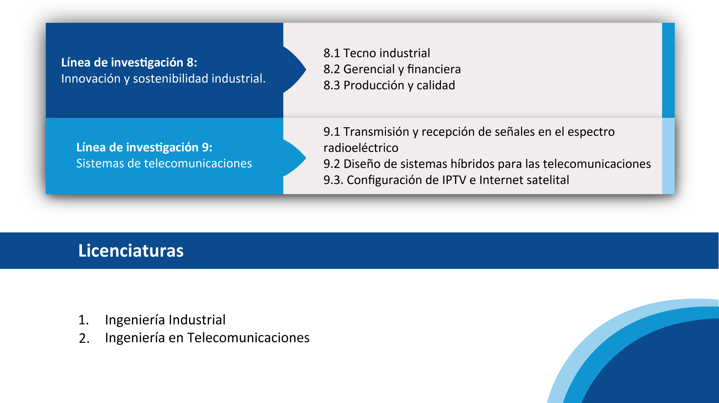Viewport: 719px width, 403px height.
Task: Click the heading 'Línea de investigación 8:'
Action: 129,62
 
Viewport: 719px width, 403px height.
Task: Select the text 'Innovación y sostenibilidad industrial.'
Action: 163,79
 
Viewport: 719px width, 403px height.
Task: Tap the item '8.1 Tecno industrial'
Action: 377,53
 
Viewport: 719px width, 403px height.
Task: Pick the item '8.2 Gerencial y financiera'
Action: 392,69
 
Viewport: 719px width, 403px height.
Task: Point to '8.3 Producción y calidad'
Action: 389,85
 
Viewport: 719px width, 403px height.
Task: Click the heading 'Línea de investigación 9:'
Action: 144,147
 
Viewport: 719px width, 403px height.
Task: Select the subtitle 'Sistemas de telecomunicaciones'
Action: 164,163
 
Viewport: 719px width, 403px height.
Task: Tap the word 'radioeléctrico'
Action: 361,148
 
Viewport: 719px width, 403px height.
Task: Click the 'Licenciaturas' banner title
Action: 131,251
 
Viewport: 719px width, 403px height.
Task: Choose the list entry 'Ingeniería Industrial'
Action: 165,320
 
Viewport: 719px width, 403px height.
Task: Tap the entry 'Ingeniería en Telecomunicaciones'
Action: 207,338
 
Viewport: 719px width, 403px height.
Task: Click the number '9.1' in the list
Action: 332,132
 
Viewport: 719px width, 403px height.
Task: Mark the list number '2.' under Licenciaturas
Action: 84,338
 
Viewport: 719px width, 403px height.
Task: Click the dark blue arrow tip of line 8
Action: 306,69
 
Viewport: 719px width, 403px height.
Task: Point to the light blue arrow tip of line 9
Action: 306,158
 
